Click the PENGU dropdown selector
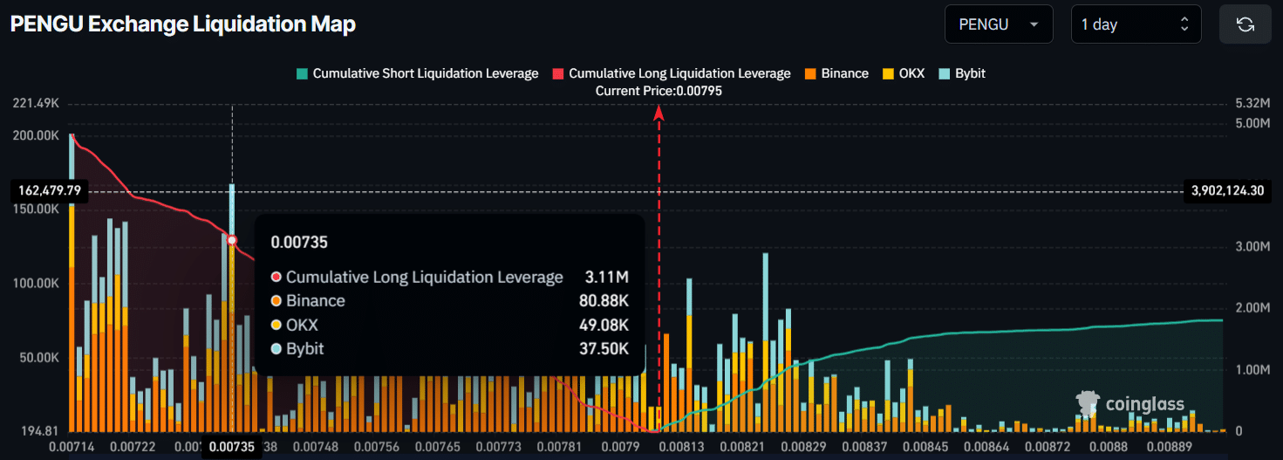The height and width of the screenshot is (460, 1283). click(998, 24)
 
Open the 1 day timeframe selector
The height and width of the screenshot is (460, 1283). click(1136, 24)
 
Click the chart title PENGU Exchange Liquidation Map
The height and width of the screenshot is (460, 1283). click(182, 24)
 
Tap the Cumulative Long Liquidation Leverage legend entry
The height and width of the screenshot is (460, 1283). click(672, 73)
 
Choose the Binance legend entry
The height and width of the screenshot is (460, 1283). click(836, 73)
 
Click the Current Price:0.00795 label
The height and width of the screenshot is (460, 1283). click(659, 91)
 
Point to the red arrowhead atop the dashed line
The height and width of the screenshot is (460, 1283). click(659, 112)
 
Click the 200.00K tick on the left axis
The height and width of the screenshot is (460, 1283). click(38, 136)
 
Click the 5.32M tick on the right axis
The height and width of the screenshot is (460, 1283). click(1252, 103)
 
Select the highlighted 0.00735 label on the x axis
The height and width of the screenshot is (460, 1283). click(232, 447)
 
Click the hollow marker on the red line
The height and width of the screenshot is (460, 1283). click(232, 240)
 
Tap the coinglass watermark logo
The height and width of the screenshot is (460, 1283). click(1130, 404)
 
